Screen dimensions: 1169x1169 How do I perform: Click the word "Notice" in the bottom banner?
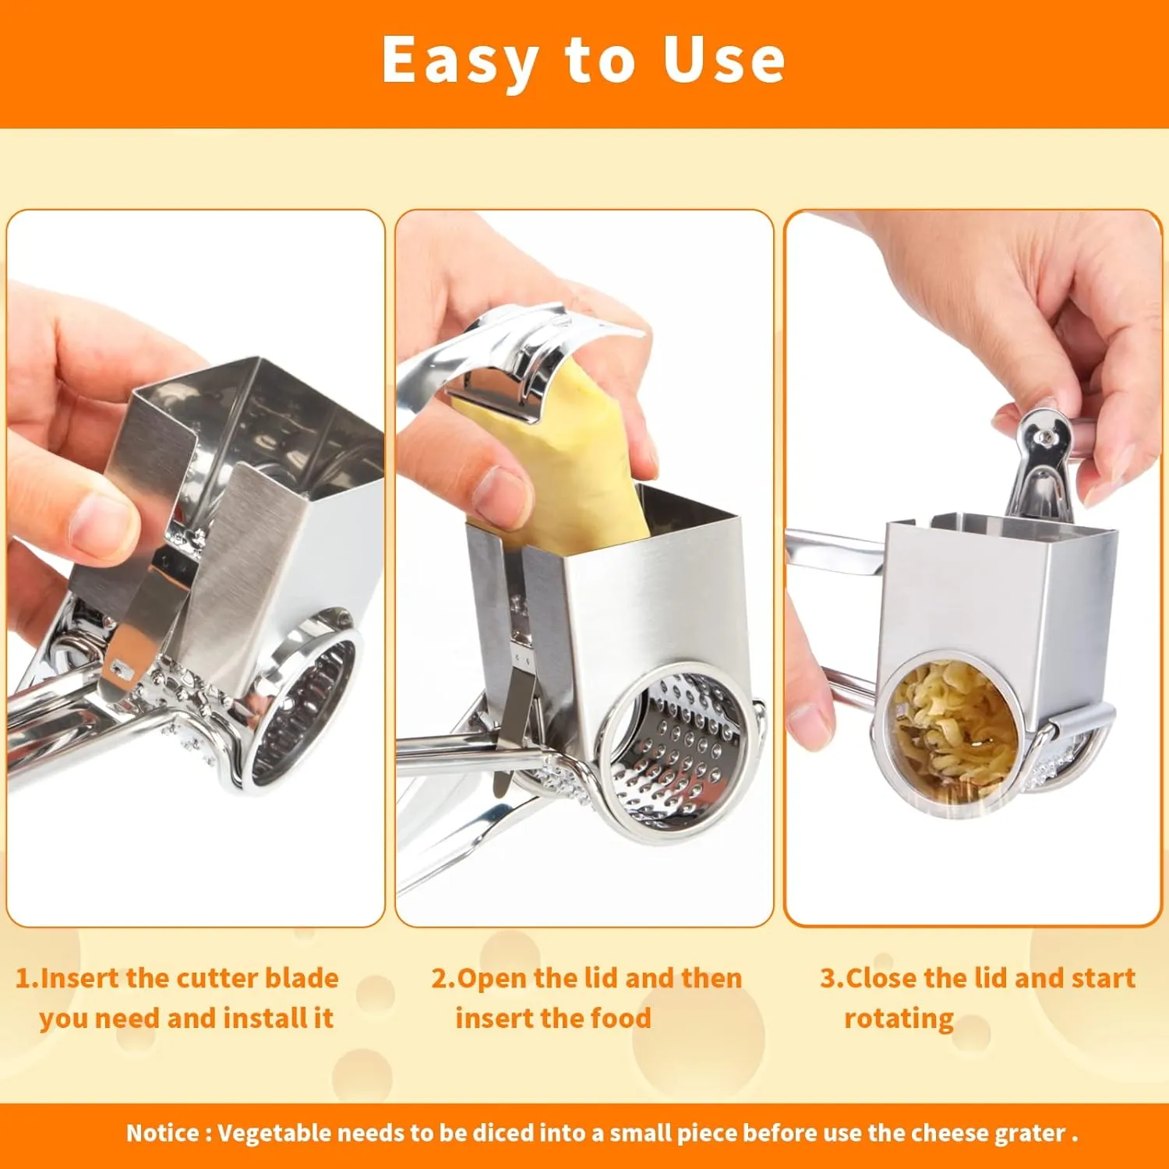pos(162,1132)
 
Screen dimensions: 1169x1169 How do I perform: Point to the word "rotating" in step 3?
pos(899,1019)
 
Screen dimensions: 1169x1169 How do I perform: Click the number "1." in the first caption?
pos(27,978)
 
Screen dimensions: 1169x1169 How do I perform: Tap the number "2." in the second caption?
pos(444,978)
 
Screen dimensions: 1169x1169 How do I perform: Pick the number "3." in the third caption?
pos(832,978)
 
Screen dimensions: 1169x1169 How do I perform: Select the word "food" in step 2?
pos(620,1018)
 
